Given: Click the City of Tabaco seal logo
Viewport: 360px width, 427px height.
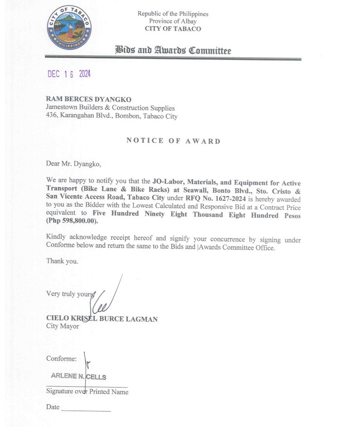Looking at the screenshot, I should tap(70, 28).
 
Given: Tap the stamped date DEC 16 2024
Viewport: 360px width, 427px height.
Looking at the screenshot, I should tap(69, 74).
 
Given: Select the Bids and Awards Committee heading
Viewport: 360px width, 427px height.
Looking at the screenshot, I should tap(173, 50).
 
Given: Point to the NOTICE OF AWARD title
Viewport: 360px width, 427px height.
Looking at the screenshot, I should tap(173, 141).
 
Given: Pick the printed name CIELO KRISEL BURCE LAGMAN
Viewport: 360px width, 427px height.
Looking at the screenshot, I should tap(102, 319).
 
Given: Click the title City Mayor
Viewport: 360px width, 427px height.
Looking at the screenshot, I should tap(63, 326).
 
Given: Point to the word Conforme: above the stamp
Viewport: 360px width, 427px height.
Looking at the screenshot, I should tap(62, 359).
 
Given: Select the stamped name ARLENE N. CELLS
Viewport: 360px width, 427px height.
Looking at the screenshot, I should tap(79, 376).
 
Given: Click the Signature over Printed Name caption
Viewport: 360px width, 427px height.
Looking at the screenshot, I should tap(87, 392).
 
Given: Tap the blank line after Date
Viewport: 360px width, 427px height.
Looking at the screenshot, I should tap(86, 409).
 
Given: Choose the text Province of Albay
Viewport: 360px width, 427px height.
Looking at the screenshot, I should tap(173, 21).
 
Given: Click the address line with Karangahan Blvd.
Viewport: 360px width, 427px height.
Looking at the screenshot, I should tap(112, 116).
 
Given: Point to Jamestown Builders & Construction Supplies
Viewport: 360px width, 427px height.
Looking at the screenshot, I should tap(110, 108).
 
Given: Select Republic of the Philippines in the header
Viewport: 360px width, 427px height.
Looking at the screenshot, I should tap(173, 14).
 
